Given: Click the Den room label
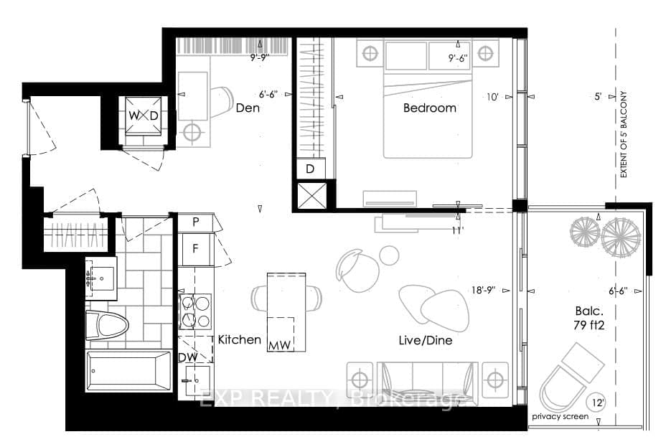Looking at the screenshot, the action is click(248, 108).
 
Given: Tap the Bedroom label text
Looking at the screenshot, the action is click(429, 108).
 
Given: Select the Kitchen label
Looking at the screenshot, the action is click(240, 339).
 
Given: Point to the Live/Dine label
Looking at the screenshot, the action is click(425, 340).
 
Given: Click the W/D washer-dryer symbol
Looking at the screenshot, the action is click(144, 116).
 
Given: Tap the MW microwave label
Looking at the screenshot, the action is click(280, 346).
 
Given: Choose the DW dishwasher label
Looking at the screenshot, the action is click(188, 357).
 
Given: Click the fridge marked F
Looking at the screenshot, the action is click(195, 249).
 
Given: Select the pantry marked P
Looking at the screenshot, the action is click(195, 222).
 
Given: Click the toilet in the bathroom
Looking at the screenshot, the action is click(107, 325).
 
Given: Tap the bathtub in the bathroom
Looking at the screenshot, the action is click(128, 371).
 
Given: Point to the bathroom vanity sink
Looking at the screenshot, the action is click(100, 278).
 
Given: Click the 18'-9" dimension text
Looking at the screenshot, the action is click(484, 291).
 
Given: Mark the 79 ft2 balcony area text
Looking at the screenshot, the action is click(588, 325).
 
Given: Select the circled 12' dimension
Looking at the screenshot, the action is click(597, 403).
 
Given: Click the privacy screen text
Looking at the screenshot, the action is click(561, 416).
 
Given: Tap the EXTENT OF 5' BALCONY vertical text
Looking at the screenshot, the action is click(624, 135).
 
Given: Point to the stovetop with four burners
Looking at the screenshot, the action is click(195, 311).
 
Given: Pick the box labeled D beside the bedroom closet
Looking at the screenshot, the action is click(311, 169).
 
